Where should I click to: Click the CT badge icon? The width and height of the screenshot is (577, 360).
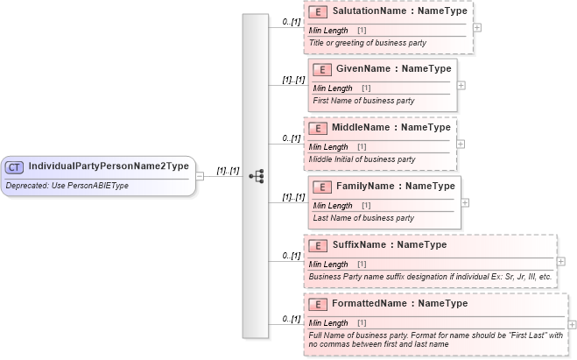click(x=15, y=166)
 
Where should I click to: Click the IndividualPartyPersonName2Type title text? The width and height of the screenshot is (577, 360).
click(x=109, y=166)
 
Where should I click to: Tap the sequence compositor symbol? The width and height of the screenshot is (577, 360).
click(x=256, y=175)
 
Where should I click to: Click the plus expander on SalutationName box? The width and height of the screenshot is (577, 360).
click(x=476, y=27)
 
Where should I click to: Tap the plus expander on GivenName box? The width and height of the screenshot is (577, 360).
click(x=461, y=85)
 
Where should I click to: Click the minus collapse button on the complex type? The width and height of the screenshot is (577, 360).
click(x=201, y=175)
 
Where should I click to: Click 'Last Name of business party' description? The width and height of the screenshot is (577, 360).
click(x=363, y=218)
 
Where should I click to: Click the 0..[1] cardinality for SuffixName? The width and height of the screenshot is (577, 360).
click(x=291, y=256)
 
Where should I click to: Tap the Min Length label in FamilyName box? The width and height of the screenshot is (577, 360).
click(x=333, y=205)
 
